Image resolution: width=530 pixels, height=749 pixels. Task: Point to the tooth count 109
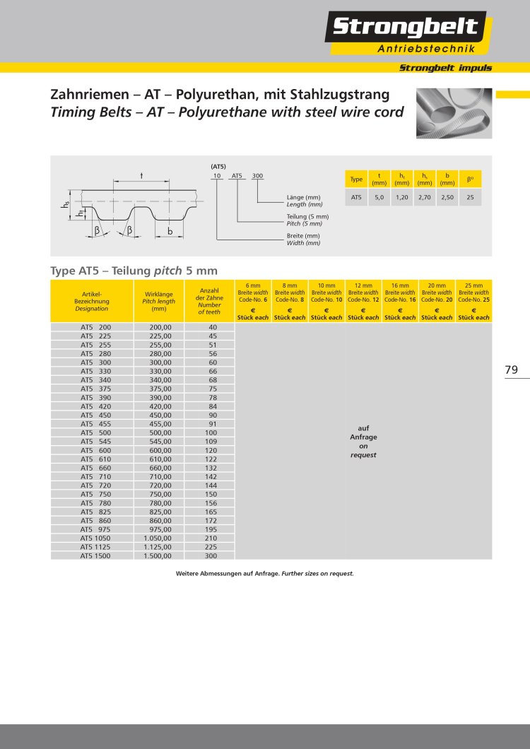(x=211, y=442)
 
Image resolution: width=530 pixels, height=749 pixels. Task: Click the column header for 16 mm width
(x=400, y=301)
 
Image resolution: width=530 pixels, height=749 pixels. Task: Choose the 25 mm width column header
(x=473, y=301)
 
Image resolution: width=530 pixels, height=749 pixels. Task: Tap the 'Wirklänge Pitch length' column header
(x=159, y=301)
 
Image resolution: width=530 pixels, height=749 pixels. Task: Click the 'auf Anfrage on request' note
(x=363, y=441)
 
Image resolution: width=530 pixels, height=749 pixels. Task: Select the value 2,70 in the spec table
(x=424, y=199)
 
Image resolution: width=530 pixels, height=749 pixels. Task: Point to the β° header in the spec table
(x=470, y=179)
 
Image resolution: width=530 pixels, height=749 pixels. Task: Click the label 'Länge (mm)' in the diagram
(x=304, y=197)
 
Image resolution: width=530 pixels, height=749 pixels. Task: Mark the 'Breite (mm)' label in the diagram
(x=303, y=235)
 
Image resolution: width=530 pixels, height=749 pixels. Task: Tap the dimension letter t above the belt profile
(x=141, y=175)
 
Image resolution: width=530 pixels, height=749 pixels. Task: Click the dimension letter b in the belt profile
(x=170, y=230)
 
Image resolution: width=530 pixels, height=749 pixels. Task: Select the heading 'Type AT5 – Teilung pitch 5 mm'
(x=134, y=271)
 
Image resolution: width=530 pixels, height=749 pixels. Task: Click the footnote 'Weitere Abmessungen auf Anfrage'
(x=264, y=574)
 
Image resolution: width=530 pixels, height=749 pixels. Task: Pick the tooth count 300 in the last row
(x=211, y=556)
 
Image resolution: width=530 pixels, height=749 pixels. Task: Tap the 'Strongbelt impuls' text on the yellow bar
(x=445, y=68)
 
